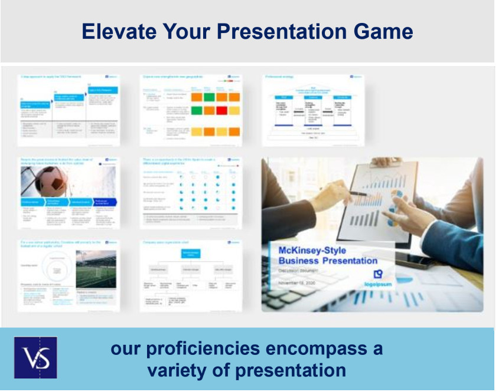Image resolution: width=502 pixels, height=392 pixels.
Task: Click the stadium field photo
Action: (96, 268)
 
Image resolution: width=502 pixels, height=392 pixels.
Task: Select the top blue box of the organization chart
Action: (191, 253)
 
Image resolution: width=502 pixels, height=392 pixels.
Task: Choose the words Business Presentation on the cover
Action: (328, 261)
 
